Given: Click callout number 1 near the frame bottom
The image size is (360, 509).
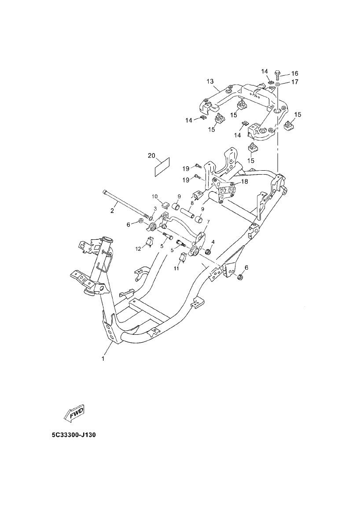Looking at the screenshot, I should [x=103, y=359].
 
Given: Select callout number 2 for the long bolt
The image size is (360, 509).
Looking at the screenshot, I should [x=112, y=211].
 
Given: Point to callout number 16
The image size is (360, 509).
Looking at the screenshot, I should [x=294, y=73].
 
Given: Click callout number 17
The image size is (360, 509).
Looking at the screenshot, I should [x=294, y=82].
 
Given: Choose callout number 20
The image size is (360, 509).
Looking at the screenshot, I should [x=151, y=156].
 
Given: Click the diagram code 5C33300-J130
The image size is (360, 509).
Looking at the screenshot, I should [x=73, y=435].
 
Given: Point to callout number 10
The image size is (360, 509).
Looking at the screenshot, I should [x=155, y=196].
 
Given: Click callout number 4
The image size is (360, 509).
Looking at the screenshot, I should [x=213, y=242].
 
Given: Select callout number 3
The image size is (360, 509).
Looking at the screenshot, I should [x=155, y=208].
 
